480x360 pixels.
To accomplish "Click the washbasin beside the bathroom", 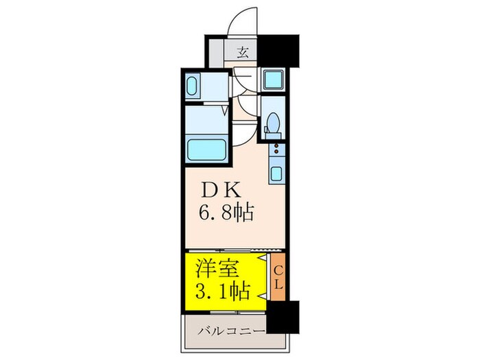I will point(192,87).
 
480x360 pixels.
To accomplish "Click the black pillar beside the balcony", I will point(282,317).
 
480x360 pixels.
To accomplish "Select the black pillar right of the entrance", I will point(283,50).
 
